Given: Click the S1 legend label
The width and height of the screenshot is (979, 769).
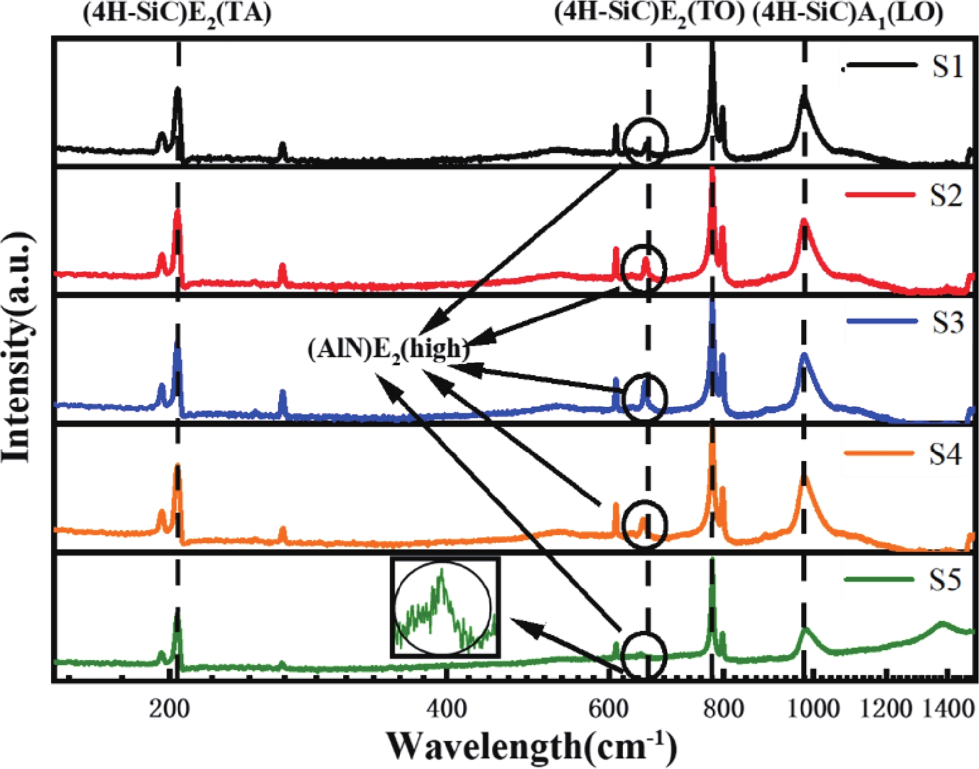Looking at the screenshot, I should click(x=947, y=66).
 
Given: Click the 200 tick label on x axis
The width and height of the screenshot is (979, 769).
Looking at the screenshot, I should click(x=169, y=709).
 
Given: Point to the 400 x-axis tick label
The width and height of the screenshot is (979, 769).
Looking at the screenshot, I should click(x=446, y=709).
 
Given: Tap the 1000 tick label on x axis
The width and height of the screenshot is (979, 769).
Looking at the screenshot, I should click(x=811, y=709).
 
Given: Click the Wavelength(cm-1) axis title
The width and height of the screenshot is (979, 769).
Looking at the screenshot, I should click(x=531, y=745).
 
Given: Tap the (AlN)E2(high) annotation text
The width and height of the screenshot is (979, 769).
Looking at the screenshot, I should click(x=388, y=350).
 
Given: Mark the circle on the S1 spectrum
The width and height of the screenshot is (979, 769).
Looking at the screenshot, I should click(x=646, y=141).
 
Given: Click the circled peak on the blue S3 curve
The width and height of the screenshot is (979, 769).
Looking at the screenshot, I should click(x=645, y=397).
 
